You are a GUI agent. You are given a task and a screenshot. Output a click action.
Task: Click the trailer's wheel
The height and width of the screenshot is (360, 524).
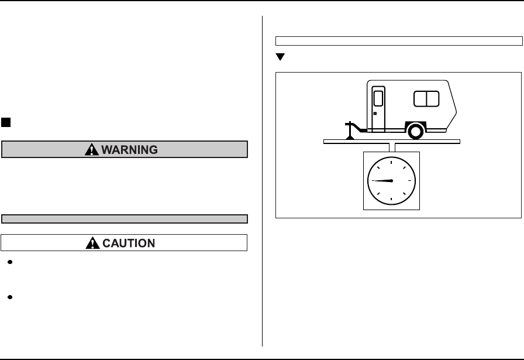click(415, 131)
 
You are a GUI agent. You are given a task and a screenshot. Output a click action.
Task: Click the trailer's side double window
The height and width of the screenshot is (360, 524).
click(426, 98)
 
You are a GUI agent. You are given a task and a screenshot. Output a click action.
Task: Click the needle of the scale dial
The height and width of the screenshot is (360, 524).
click(383, 181)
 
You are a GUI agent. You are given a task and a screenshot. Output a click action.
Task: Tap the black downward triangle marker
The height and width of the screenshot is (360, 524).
click(280, 57)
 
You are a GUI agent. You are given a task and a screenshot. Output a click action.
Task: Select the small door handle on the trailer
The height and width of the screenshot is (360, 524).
click(374, 113)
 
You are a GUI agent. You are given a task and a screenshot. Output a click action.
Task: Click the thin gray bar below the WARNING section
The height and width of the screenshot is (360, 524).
click(125, 219)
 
